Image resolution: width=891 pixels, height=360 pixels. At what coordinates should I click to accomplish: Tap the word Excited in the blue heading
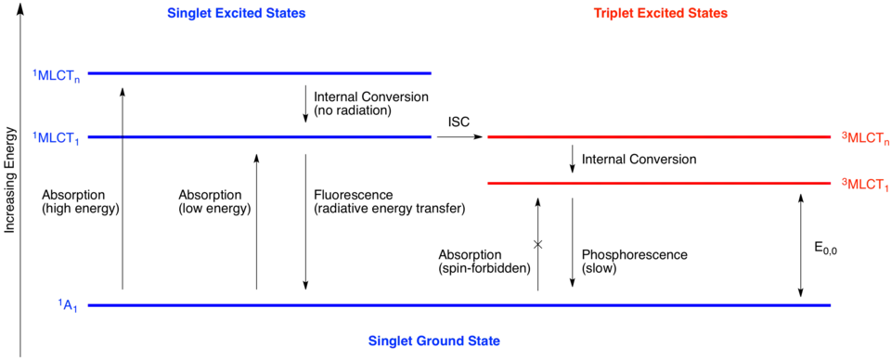tap(238, 14)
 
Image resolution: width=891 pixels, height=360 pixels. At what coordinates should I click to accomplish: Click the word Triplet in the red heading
tap(613, 14)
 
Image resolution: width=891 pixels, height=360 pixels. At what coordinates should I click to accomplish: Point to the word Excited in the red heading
tap(662, 14)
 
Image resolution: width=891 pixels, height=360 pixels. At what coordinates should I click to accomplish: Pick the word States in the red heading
tap(712, 14)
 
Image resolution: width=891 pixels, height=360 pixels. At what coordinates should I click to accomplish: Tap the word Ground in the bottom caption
tap(438, 341)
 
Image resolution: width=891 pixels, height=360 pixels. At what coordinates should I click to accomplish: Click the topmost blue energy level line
tap(260, 72)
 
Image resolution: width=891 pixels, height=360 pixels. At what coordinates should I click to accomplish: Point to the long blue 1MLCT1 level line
tap(278, 137)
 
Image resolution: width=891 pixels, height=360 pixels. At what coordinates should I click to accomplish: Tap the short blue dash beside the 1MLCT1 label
tap(104, 137)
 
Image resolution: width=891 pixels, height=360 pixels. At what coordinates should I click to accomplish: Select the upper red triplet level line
tap(657, 137)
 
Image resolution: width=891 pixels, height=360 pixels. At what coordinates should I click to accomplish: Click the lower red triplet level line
tap(657, 182)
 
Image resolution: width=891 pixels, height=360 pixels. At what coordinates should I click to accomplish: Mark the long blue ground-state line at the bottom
tap(458, 304)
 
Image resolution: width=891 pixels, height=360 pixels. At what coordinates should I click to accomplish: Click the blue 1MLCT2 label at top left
tap(57, 75)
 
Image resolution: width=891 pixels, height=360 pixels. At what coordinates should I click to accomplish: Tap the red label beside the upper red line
tap(864, 138)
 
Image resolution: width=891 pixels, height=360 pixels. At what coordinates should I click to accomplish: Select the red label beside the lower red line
tap(864, 183)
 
